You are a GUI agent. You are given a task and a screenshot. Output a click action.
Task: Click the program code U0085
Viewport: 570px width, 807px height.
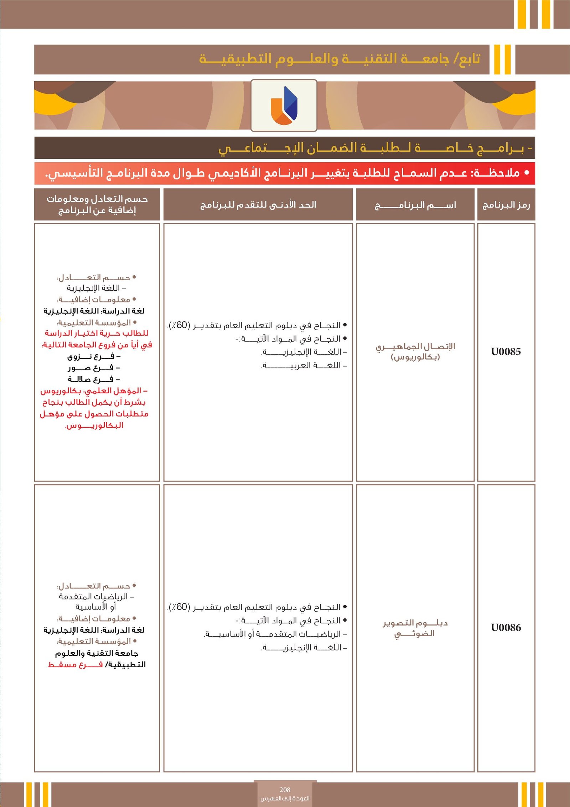tap(506, 352)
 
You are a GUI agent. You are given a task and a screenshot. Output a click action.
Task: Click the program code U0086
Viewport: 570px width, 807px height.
tap(506, 628)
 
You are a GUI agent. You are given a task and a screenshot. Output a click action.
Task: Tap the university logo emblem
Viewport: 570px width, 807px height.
tap(284, 106)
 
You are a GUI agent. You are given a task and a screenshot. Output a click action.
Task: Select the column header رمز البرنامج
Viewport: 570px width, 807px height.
tap(506, 205)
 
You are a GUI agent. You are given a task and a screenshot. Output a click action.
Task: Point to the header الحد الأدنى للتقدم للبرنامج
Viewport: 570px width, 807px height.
tap(258, 205)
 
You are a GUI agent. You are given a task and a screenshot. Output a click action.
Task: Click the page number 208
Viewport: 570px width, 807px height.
tap(285, 790)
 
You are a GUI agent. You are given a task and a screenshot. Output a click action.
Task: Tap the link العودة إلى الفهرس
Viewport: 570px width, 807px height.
tap(285, 798)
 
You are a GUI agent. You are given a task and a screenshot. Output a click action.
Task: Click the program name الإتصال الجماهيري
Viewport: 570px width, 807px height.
tap(415, 346)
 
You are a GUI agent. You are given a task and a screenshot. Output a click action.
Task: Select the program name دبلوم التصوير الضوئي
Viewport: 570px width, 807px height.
tap(415, 628)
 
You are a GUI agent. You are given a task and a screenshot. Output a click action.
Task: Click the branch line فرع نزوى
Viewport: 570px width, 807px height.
tap(94, 356)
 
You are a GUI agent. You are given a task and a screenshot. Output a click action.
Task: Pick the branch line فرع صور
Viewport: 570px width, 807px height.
tap(94, 368)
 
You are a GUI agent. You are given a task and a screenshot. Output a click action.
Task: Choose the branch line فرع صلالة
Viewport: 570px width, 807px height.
tap(94, 379)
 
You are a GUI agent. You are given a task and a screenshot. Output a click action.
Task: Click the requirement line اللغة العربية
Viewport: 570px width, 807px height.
tap(305, 366)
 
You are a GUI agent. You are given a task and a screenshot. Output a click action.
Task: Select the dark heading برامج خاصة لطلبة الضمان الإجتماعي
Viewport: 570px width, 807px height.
tap(374, 148)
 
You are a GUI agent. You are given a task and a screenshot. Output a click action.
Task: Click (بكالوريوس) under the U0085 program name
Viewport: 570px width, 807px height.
tap(415, 357)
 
